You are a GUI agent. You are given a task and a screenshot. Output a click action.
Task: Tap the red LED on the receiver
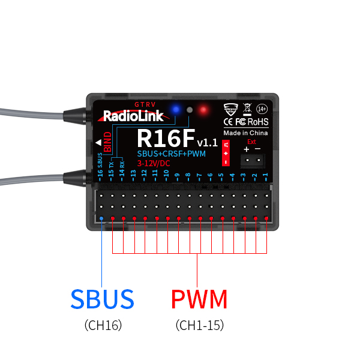point(203,110)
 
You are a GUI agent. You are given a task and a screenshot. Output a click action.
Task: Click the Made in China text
point(245,133)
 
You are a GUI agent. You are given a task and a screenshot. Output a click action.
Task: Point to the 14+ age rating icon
point(262,109)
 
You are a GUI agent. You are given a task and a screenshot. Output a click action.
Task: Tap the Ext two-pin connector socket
point(253,160)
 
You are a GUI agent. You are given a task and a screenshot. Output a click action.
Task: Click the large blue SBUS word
point(102,299)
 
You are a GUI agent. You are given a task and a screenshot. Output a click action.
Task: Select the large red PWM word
point(199,299)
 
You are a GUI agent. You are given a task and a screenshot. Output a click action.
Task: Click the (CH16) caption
point(103,326)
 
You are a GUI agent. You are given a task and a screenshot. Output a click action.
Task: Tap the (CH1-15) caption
point(200,326)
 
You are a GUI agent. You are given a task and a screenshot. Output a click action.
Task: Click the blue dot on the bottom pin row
point(101,218)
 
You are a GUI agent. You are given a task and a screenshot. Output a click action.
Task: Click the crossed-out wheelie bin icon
point(247,109)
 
